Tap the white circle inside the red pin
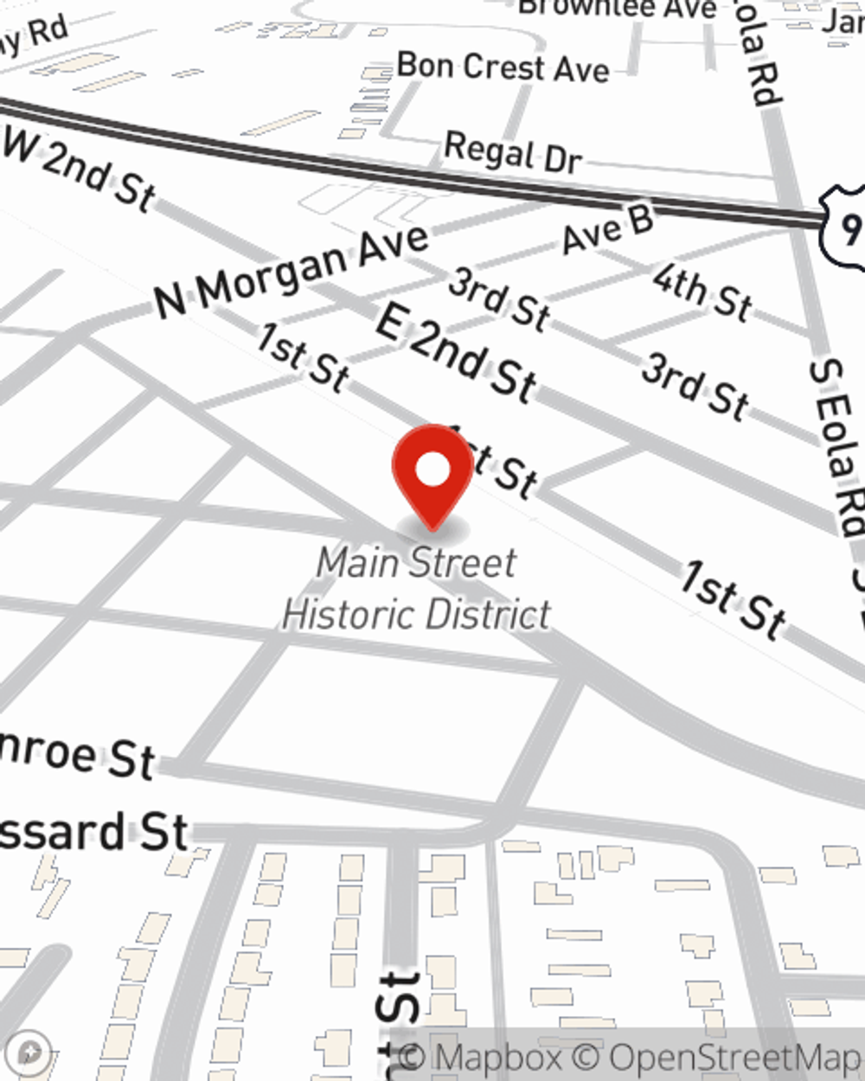pyautogui.click(x=433, y=470)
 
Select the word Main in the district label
pyautogui.click(x=357, y=563)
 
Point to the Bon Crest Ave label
pyautogui.click(x=503, y=67)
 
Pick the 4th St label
pyautogui.click(x=702, y=291)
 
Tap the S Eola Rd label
pyautogui.click(x=836, y=446)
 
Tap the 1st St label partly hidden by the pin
pyautogui.click(x=502, y=467)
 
